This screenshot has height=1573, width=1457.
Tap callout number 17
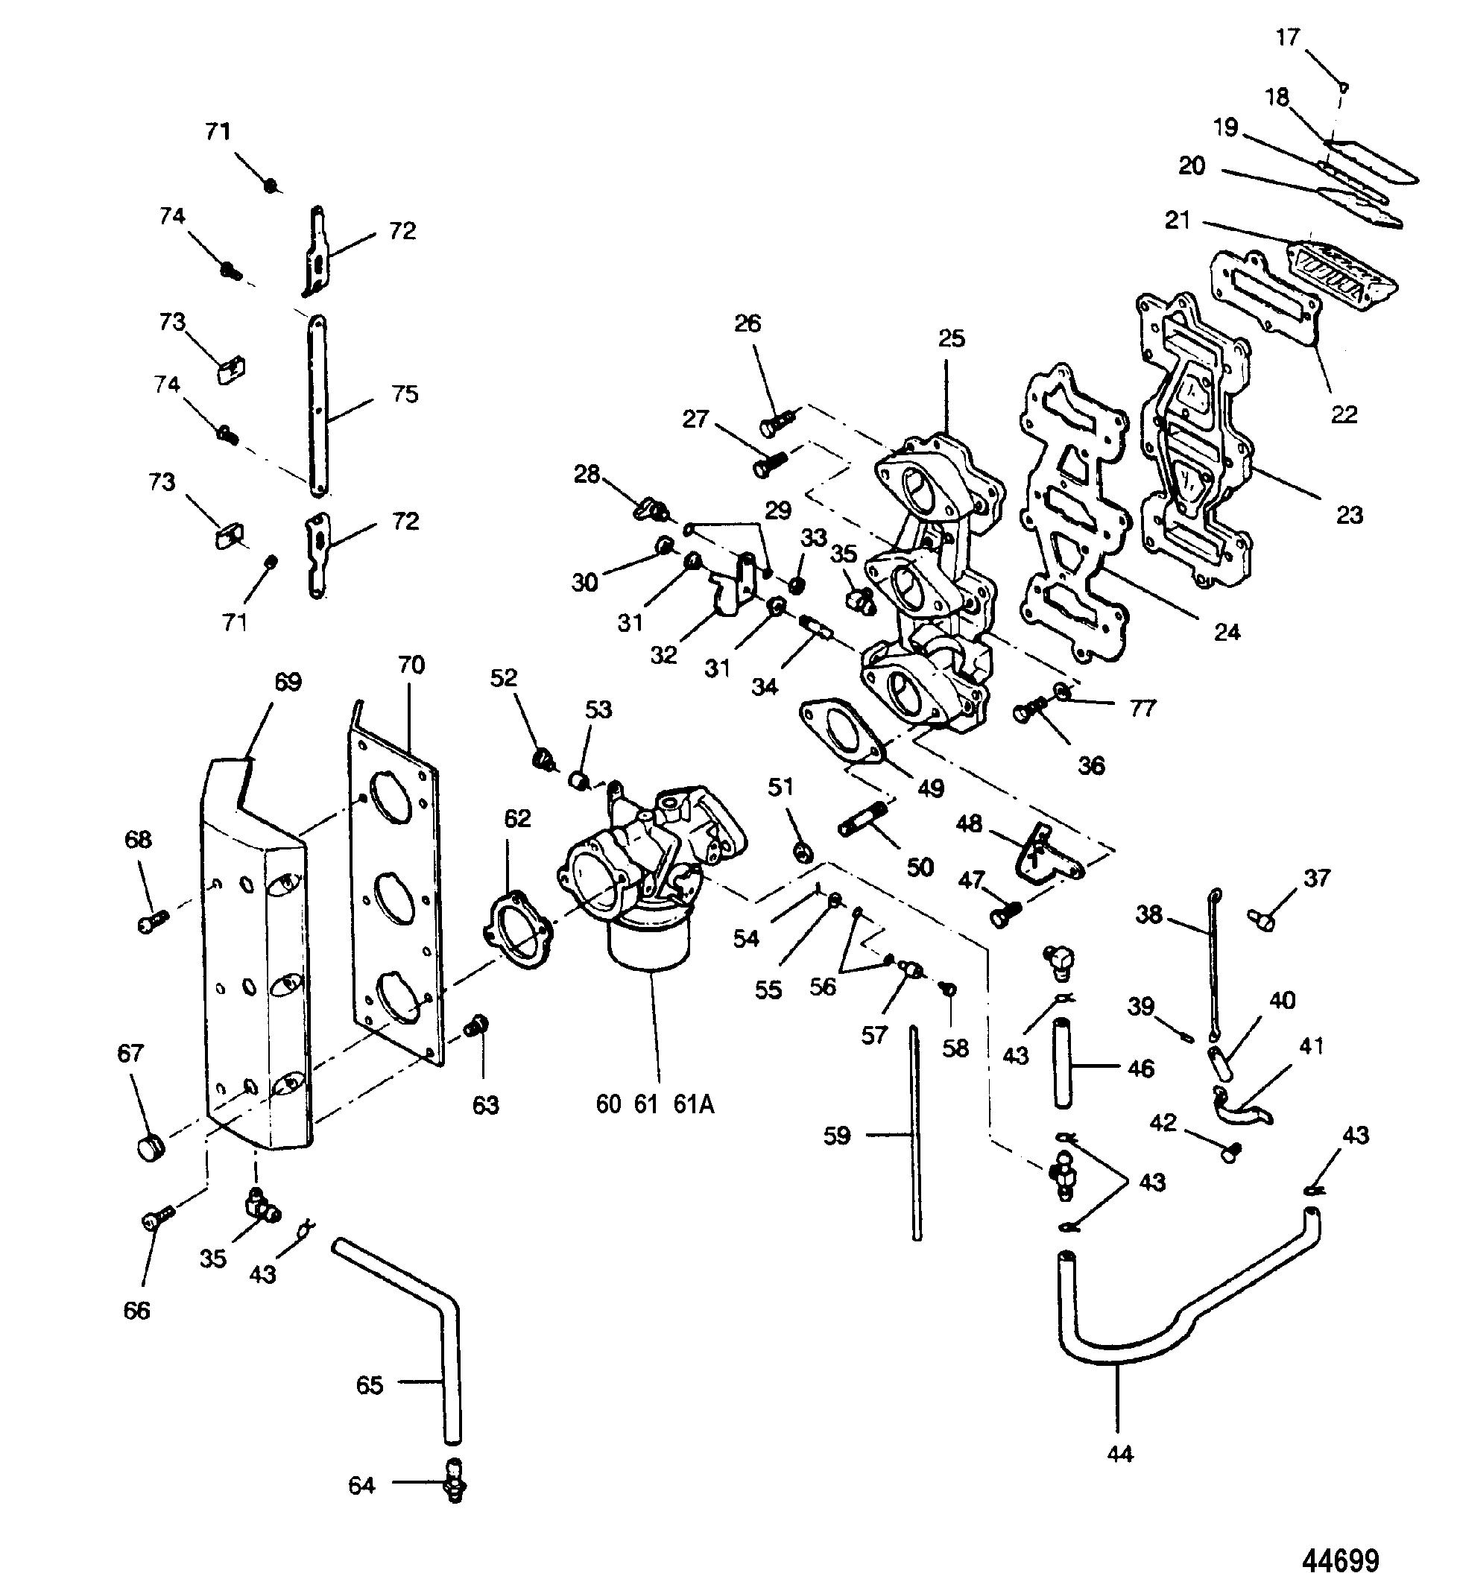point(1288,37)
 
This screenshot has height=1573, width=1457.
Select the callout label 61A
point(694,1104)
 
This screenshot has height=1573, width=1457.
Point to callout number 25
point(952,338)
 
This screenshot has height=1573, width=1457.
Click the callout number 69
point(288,681)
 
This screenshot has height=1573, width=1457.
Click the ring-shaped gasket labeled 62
point(518,928)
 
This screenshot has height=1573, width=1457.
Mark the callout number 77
point(1142,709)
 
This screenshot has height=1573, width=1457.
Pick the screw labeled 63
point(477,1026)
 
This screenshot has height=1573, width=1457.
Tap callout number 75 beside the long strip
point(405,394)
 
